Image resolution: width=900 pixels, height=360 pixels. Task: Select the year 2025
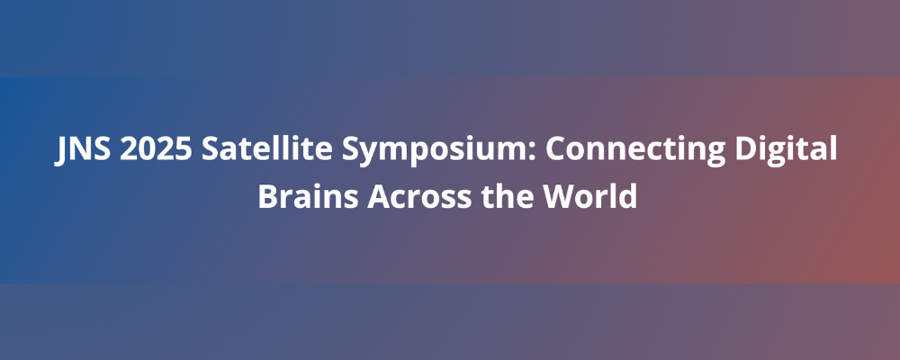coord(156,149)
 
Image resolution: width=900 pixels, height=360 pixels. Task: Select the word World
coord(590,196)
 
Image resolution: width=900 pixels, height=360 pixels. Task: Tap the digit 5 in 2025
coord(183,149)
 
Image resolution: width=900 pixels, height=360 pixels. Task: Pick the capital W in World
coord(560,196)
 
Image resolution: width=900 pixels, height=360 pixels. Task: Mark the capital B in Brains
coord(268,196)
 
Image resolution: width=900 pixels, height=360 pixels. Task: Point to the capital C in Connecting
coord(554,149)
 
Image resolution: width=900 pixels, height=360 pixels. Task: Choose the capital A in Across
coord(379,196)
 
